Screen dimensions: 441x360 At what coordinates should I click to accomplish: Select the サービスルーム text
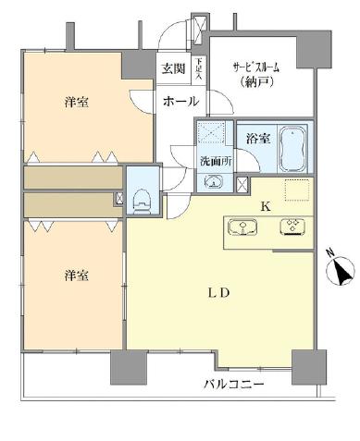pos(256,67)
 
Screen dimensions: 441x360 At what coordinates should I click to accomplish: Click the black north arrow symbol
pos(342,273)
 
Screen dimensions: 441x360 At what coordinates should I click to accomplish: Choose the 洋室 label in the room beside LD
pos(76,276)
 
